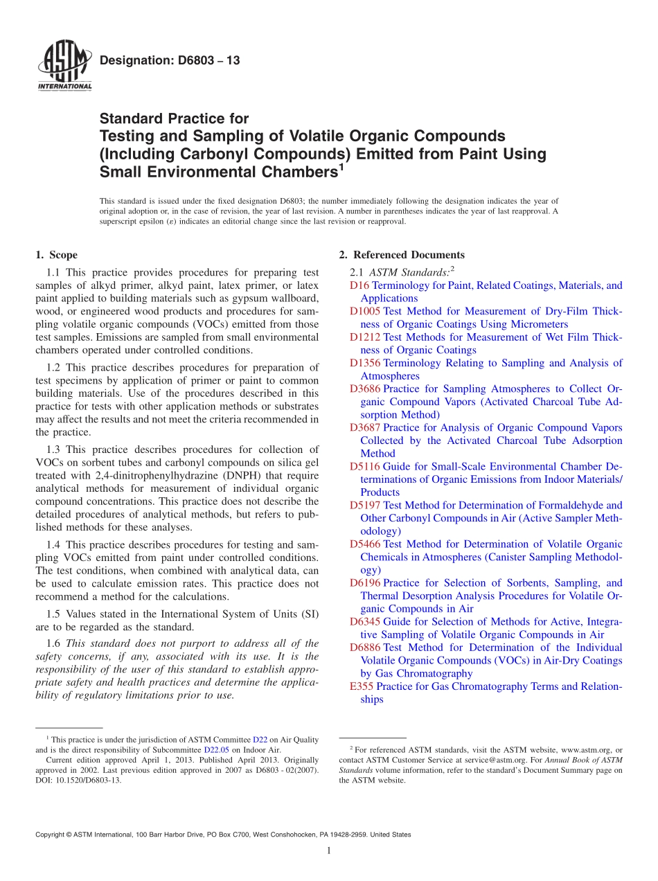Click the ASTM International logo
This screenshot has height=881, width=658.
pyautogui.click(x=64, y=66)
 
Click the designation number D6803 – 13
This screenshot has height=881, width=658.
pyautogui.click(x=170, y=61)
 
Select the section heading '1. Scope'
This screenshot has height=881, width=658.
pyautogui.click(x=56, y=255)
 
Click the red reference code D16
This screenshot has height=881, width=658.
pyautogui.click(x=359, y=285)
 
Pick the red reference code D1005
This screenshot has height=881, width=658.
pyautogui.click(x=365, y=312)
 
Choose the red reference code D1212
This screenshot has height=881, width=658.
pyautogui.click(x=365, y=337)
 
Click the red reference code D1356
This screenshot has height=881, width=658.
pyautogui.click(x=365, y=363)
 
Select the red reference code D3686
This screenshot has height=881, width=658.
pyautogui.click(x=365, y=389)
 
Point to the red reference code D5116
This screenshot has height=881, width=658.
pyautogui.click(x=365, y=467)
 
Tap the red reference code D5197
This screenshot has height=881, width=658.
pyautogui.click(x=365, y=506)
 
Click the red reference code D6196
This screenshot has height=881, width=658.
pyautogui.click(x=365, y=583)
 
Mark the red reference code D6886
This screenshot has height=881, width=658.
pyautogui.click(x=365, y=648)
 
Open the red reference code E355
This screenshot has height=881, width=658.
pyautogui.click(x=362, y=686)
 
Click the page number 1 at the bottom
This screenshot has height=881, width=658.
pyautogui.click(x=329, y=851)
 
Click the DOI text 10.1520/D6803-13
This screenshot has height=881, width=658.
pyautogui.click(x=87, y=780)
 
